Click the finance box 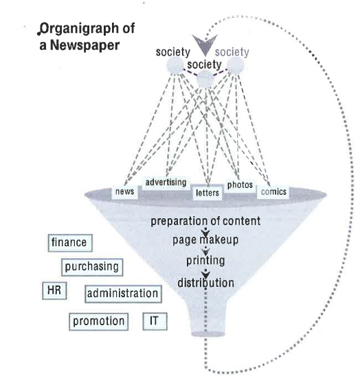click(70, 243)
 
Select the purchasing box click(92, 267)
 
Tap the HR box click(54, 290)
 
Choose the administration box click(123, 294)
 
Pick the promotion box click(98, 322)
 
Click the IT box click(155, 321)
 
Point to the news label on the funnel click(125, 191)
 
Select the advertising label click(166, 183)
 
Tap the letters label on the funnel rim click(207, 193)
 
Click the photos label click(240, 185)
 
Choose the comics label click(273, 191)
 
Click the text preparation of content click(205, 221)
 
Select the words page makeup click(205, 240)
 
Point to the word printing click(205, 261)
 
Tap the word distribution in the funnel click(206, 283)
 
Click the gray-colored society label click(232, 52)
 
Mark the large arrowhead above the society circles click(205, 45)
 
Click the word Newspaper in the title click(85, 45)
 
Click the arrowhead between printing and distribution click(205, 274)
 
